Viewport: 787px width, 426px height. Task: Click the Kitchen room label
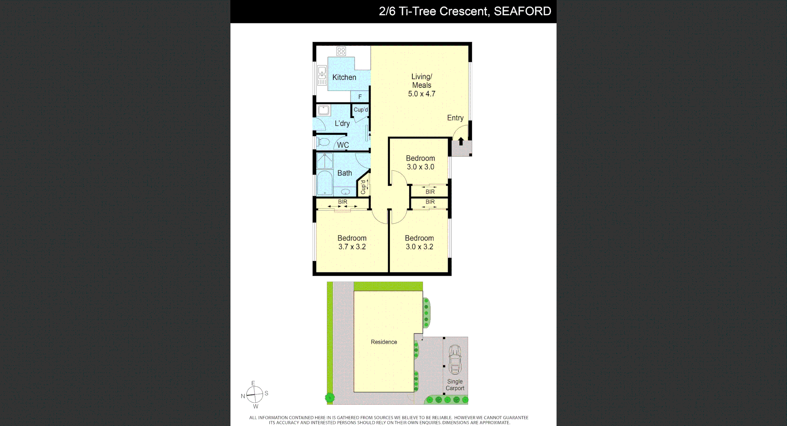tap(344, 77)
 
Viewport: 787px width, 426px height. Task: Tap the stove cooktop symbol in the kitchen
tap(341, 51)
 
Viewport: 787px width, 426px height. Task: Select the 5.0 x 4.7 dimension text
tap(421, 94)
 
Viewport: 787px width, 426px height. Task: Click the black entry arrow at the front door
tap(461, 142)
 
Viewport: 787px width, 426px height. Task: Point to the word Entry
tap(455, 118)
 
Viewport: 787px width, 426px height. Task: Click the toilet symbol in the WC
tap(323, 143)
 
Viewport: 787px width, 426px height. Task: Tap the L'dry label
tap(342, 123)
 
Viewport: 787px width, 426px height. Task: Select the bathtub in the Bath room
tap(325, 183)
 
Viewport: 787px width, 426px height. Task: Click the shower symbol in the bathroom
tap(325, 161)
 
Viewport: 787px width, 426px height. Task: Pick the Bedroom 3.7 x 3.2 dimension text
tap(352, 247)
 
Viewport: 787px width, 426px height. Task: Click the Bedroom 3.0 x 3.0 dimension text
tap(420, 167)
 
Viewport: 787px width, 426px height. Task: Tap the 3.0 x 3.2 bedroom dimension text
tap(419, 247)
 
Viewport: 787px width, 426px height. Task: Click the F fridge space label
tap(360, 97)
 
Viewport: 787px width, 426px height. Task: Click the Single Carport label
tap(455, 385)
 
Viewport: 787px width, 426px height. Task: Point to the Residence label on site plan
tap(384, 342)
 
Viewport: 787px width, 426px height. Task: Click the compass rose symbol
tap(255, 395)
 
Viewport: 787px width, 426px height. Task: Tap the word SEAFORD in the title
tap(522, 11)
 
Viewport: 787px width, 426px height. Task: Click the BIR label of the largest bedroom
tap(342, 202)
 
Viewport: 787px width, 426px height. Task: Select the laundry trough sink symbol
tap(324, 111)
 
